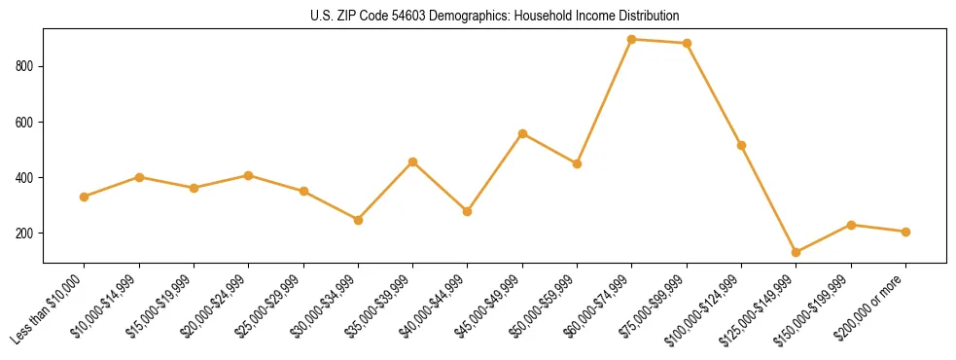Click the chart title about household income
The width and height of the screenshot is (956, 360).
point(478,17)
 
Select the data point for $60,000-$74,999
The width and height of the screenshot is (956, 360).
point(632,40)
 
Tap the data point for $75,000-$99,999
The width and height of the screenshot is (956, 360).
point(687,43)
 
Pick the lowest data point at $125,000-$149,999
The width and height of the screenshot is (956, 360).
point(797,252)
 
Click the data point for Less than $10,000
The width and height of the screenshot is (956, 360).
point(85,197)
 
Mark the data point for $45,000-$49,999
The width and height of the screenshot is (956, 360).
point(522,133)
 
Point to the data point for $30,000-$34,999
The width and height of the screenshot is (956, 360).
point(358,220)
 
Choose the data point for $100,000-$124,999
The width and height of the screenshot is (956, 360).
point(742,145)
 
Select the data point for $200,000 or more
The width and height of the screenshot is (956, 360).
point(905,232)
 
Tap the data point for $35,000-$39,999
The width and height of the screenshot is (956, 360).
point(413,162)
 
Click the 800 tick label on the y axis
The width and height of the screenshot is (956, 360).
point(28,66)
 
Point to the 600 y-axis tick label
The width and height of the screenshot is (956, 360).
point(28,123)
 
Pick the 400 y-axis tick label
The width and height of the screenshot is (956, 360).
point(28,178)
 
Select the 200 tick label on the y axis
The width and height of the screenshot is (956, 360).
point(28,234)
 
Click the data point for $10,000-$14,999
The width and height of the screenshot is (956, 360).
point(139,177)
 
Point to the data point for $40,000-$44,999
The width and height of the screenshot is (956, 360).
point(468,211)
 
